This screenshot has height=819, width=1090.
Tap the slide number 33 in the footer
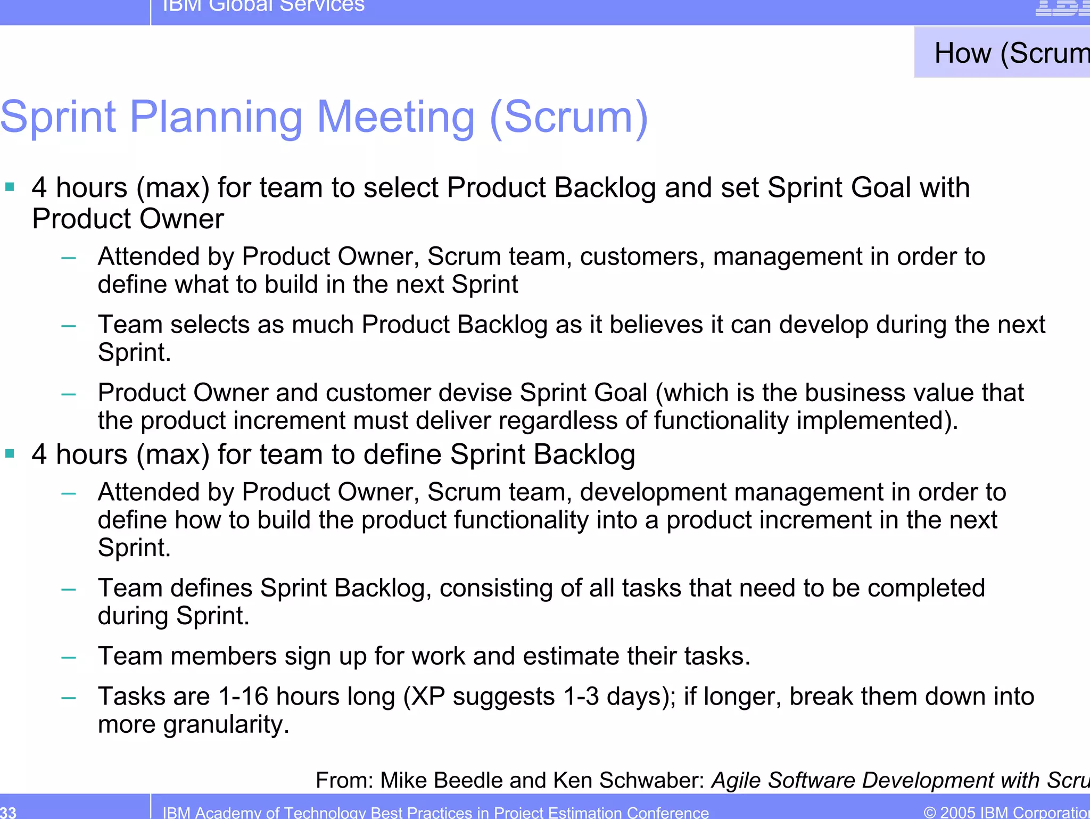(x=8, y=812)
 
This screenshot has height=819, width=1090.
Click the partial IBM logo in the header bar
(x=1062, y=7)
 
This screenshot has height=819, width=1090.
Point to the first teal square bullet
(x=10, y=187)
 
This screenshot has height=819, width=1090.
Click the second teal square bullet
(x=10, y=453)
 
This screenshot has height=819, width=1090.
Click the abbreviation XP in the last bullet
(x=428, y=697)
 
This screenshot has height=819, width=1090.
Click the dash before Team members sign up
(x=69, y=657)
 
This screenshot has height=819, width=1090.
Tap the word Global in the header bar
(x=240, y=5)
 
